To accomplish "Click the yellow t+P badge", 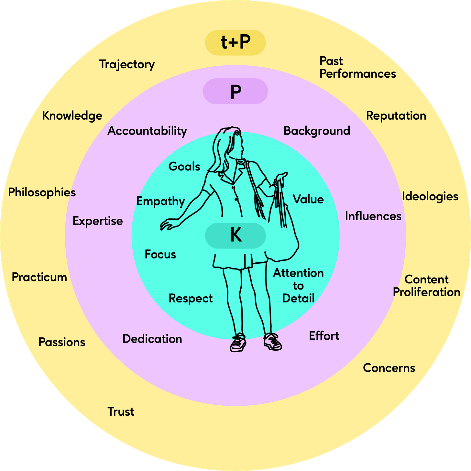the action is point(235,42).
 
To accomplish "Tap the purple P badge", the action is point(235,91).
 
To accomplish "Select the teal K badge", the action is point(235,235).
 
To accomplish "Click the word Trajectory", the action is point(127,64).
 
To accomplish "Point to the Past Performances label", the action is point(357,67).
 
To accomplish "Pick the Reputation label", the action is point(396,116).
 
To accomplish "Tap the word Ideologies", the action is point(430,196).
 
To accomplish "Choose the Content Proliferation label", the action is point(426,286).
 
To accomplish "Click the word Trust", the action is point(121,411).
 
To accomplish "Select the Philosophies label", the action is point(42,192).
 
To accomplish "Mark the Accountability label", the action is point(147,131).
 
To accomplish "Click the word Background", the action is point(317,131).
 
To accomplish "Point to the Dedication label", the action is point(152,339).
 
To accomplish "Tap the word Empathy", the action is point(160,201).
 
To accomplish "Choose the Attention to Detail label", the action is point(298,286).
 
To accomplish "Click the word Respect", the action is point(191,298).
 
